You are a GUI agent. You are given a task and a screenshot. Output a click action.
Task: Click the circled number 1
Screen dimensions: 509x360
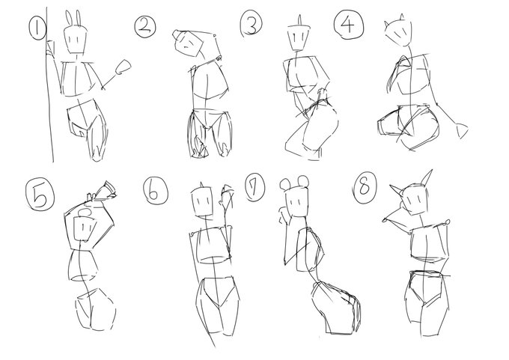coord(37,28)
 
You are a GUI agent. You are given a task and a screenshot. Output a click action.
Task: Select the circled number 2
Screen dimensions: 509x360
coord(145,27)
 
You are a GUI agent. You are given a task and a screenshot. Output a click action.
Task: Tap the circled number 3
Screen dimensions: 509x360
coord(252,24)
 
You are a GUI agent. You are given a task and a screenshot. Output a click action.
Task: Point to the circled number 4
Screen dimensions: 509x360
coord(349,25)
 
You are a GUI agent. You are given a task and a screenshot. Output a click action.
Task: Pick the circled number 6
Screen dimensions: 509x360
coord(156,191)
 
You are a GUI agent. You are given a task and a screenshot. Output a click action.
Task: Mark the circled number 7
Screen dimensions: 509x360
coord(254,187)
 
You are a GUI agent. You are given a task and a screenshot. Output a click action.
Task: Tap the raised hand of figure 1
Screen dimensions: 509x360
coord(123,67)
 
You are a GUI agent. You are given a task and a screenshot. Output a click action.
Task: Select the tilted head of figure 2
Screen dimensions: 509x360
coord(188,43)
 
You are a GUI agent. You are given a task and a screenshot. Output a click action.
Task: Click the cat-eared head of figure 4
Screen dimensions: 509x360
coord(398,32)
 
